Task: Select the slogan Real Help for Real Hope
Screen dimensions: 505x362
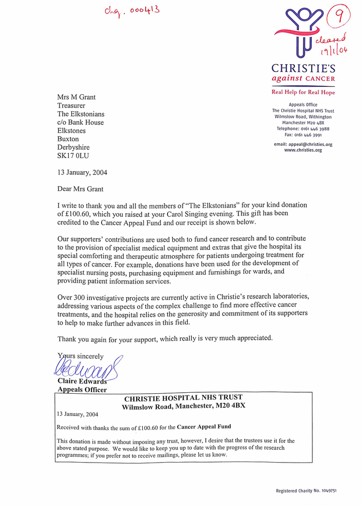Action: click(303, 92)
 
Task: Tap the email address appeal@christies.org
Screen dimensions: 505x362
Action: click(303, 144)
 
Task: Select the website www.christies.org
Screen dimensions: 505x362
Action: click(303, 150)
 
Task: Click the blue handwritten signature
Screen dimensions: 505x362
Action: click(85, 368)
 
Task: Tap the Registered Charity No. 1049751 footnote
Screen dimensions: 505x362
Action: click(307, 491)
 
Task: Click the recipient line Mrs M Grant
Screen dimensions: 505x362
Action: click(77, 97)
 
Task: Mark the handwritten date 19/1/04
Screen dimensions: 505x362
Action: click(334, 50)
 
